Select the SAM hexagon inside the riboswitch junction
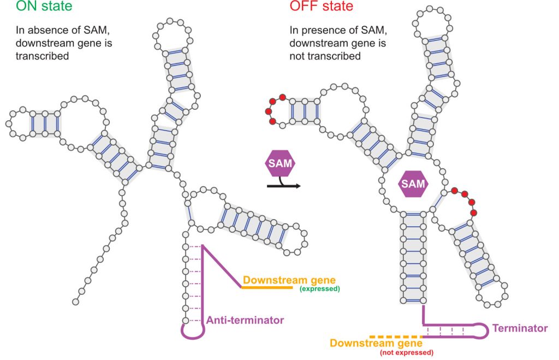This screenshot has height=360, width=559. click(413, 184)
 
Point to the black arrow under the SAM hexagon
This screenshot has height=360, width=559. click(283, 186)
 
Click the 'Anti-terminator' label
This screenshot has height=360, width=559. click(245, 320)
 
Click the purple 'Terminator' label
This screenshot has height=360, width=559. click(520, 328)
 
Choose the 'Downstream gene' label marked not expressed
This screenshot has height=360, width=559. click(376, 343)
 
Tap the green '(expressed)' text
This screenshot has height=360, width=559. click(319, 289)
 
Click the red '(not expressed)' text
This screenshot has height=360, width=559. click(407, 353)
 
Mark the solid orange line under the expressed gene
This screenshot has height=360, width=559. click(270, 287)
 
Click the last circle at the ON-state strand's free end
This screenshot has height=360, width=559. click(75, 301)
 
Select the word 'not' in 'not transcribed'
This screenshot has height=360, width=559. click(298, 56)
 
